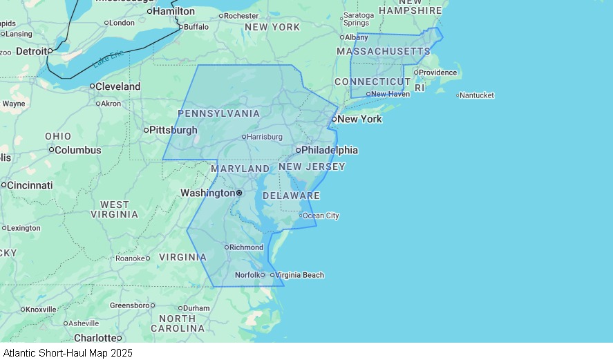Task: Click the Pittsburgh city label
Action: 173,130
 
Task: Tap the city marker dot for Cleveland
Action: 92,86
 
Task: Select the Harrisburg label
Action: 265,137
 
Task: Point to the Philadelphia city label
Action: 330,150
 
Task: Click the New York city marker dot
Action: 334,119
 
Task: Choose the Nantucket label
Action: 477,95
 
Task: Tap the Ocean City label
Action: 321,216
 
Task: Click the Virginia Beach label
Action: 300,275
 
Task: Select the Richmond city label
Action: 246,247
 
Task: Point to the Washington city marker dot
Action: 239,193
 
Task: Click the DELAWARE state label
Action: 291,196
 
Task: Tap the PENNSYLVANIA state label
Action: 219,113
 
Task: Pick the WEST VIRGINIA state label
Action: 115,209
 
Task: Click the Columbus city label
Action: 78,150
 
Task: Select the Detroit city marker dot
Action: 50,50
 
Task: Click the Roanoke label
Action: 130,258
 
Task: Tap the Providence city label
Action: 438,73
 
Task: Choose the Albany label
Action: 357,37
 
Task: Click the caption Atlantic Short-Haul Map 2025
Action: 68,352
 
